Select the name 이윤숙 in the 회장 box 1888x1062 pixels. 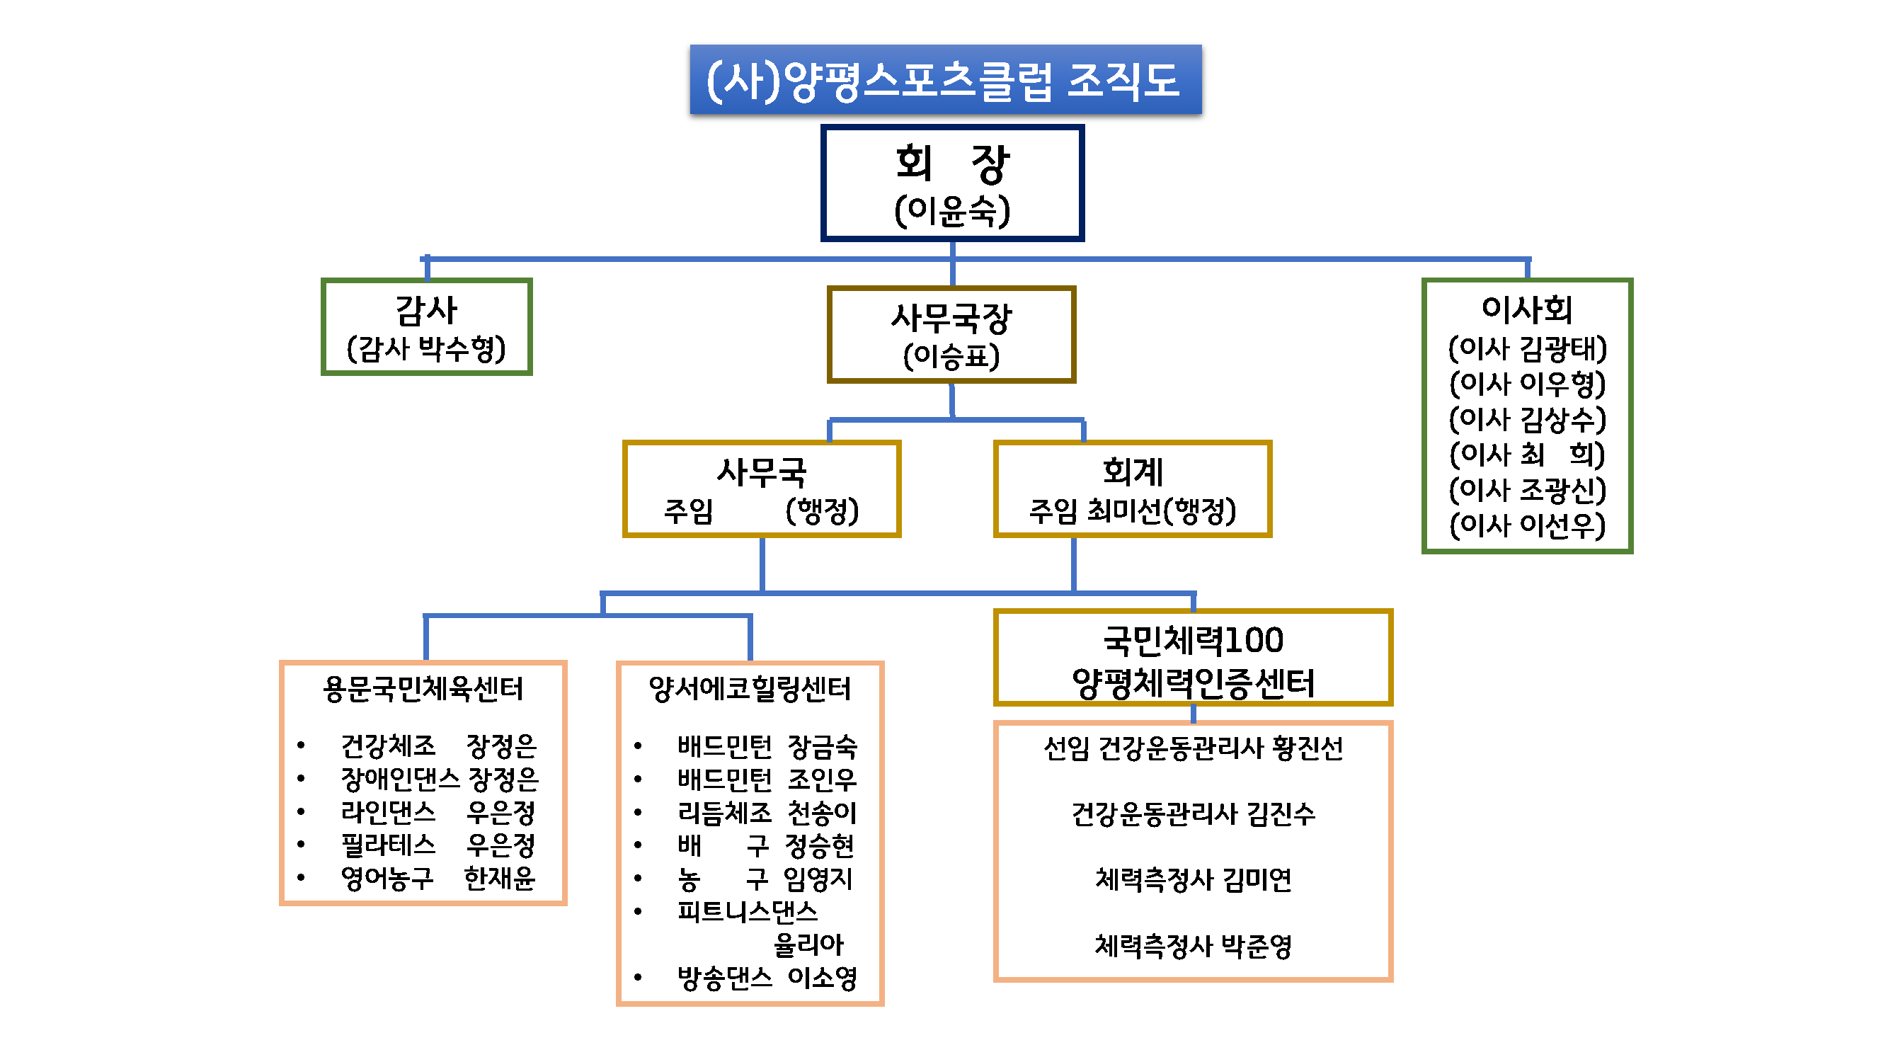[951, 211]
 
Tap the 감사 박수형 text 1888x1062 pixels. [426, 349]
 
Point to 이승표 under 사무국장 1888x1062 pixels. [951, 357]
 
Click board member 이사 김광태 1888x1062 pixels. [1528, 348]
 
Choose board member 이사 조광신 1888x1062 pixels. [1528, 490]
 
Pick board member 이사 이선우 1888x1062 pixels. [1528, 525]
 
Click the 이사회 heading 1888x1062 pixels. [1527, 309]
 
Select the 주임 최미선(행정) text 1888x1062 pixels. [1133, 511]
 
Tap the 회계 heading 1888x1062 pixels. [1133, 472]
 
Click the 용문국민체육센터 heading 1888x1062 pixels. [423, 689]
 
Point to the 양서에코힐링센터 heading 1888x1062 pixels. [750, 689]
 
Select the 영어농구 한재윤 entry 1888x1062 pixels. [437, 877]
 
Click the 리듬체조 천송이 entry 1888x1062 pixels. [766, 812]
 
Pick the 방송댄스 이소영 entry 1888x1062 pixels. [766, 977]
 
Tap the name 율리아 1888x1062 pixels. [808, 944]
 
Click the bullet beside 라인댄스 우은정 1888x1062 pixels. [300, 811]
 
